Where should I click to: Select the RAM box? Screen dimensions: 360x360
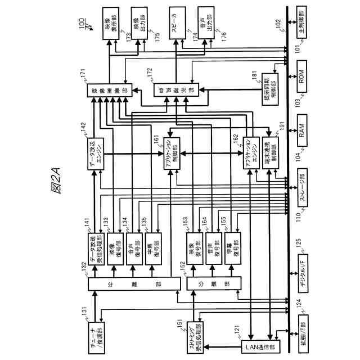point(302,134)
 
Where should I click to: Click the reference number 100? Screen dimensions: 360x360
point(82,25)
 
